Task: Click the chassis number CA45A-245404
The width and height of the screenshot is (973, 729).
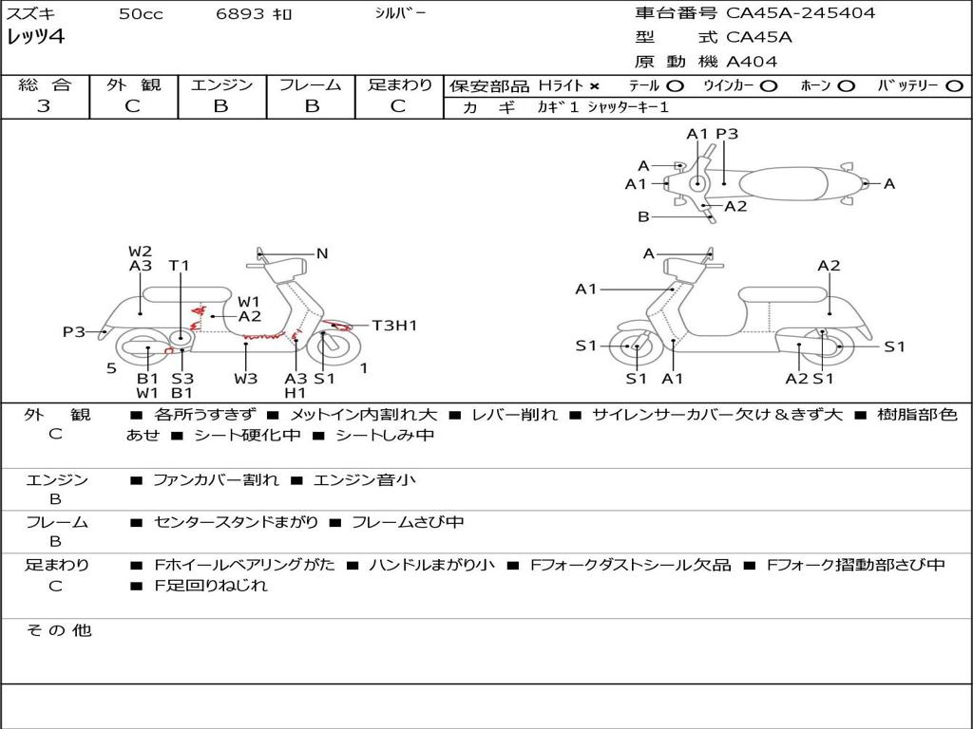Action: pos(800,13)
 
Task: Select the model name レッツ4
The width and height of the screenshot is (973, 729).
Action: pos(35,37)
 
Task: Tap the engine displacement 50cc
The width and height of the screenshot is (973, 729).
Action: pos(141,13)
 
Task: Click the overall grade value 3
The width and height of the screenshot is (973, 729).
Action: pos(44,105)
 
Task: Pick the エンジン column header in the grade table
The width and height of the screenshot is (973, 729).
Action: pos(221,84)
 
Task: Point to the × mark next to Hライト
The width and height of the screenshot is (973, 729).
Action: pos(595,86)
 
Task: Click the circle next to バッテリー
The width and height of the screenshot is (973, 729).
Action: pos(954,86)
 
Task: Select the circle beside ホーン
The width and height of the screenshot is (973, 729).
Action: pos(846,86)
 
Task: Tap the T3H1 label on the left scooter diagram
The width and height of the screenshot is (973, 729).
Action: pos(394,326)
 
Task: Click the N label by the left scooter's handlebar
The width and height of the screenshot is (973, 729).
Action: pos(322,253)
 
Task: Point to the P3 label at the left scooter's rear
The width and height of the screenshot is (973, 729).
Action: pos(74,332)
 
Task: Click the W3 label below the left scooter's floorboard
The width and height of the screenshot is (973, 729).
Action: pos(246,378)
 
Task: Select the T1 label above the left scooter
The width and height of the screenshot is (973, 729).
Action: pos(180,266)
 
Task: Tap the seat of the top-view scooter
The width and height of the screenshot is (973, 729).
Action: pos(783,184)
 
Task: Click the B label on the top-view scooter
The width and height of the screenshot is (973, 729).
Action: pos(643,217)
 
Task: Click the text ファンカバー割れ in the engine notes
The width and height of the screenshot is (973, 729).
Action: pos(216,479)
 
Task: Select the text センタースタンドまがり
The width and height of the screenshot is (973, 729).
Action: pos(236,523)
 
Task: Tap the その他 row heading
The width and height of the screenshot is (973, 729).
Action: pos(59,630)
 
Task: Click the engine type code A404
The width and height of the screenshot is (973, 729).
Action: pos(752,62)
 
